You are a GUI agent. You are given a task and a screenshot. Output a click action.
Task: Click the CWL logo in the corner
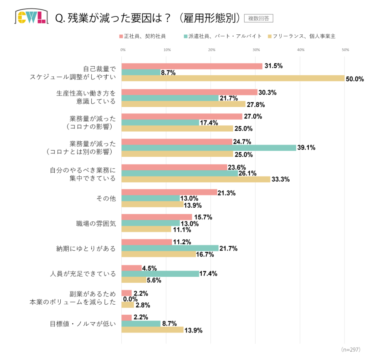click(31, 17)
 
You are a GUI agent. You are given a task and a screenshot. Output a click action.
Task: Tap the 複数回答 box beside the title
click(259, 18)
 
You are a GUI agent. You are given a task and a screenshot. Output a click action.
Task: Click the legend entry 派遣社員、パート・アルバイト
click(222, 37)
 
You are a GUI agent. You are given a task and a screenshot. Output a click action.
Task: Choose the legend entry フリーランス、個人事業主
click(301, 37)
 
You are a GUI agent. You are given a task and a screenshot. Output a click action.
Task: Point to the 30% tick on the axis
click(256, 50)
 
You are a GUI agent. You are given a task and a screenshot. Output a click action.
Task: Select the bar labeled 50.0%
click(233, 78)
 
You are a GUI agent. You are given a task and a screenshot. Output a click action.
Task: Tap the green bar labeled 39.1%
click(209, 148)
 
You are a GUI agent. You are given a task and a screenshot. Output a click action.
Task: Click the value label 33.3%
click(280, 179)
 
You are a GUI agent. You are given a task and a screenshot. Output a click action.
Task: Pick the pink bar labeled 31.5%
click(192, 66)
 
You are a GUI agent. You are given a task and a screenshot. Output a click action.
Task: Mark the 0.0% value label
click(130, 299)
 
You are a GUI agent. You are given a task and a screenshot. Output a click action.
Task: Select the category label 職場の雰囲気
click(96, 224)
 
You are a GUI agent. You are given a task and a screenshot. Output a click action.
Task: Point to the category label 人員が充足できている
click(83, 274)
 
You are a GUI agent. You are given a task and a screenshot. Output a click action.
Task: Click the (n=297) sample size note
click(351, 349)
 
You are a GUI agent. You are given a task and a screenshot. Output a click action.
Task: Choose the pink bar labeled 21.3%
click(169, 192)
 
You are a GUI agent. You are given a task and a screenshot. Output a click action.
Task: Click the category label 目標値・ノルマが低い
click(83, 323)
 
